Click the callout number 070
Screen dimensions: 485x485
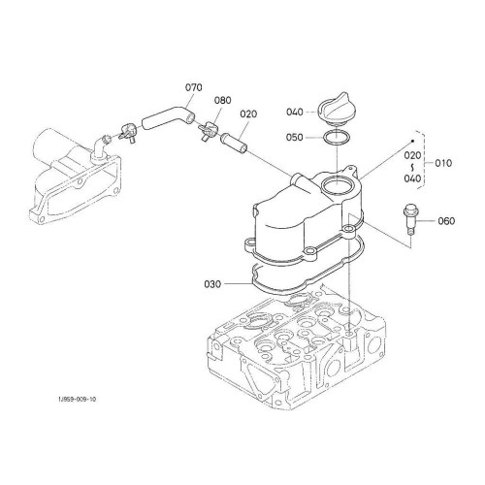pyautogui.click(x=194, y=87)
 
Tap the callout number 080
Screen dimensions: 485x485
pyautogui.click(x=223, y=100)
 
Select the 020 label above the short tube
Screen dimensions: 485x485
pyautogui.click(x=248, y=113)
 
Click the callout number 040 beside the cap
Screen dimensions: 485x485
pyautogui.click(x=295, y=113)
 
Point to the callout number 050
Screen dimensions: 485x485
pyautogui.click(x=295, y=138)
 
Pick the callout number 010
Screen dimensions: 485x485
pyautogui.click(x=443, y=163)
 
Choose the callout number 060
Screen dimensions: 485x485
pyautogui.click(x=446, y=221)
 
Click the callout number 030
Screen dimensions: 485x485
pyautogui.click(x=212, y=284)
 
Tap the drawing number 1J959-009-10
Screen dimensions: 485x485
pyautogui.click(x=77, y=399)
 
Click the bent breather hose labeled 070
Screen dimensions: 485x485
pyautogui.click(x=168, y=116)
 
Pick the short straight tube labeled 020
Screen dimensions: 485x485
pyautogui.click(x=234, y=144)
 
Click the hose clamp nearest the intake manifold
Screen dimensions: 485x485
pyautogui.click(x=128, y=133)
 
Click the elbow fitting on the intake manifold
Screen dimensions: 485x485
pyautogui.click(x=101, y=148)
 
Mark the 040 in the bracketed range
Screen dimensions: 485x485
pyautogui.click(x=412, y=178)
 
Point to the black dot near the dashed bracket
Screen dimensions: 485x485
pyautogui.click(x=413, y=142)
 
